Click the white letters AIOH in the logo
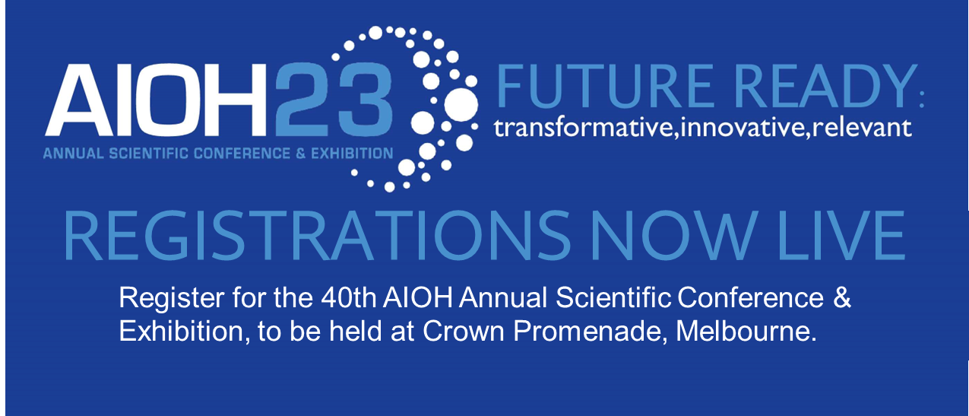(x=156, y=100)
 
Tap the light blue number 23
(x=334, y=100)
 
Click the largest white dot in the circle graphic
(x=461, y=105)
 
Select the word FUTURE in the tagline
(x=605, y=86)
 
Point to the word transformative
(x=584, y=128)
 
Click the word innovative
(x=743, y=128)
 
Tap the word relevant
(x=862, y=128)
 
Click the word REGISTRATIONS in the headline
(x=317, y=236)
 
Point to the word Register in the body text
(x=172, y=299)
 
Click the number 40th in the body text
(x=349, y=298)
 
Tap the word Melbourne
(x=746, y=332)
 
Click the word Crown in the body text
(x=464, y=332)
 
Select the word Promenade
(x=594, y=332)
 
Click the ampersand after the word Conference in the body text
(x=842, y=298)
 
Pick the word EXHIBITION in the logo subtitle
(x=352, y=153)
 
